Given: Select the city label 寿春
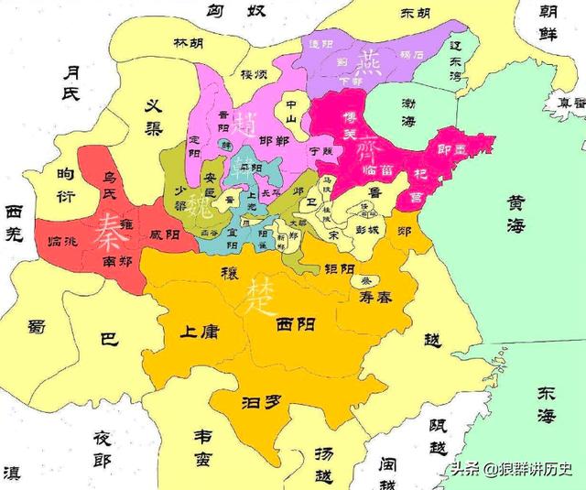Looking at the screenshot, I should [370, 298].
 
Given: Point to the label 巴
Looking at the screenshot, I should [109, 340].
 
